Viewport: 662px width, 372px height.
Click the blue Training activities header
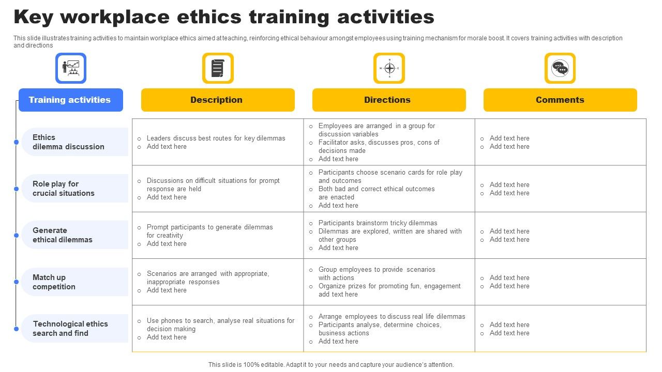pos(71,100)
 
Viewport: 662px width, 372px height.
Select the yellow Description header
pos(218,100)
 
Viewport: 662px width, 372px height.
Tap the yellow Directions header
pos(389,100)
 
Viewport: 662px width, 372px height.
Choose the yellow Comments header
pos(560,100)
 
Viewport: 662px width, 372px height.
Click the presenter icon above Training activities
pos(71,68)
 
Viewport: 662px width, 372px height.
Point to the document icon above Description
pos(218,68)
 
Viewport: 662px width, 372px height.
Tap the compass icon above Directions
pos(389,68)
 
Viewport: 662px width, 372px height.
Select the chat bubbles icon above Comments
pos(560,68)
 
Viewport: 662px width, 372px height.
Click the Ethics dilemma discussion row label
pos(68,142)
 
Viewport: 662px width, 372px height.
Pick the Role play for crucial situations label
pos(64,189)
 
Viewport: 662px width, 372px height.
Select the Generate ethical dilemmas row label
pos(63,235)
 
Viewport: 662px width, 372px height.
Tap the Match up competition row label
pos(54,282)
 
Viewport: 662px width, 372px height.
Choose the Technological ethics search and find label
pos(70,328)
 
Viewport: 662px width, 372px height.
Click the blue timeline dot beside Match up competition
pos(16,282)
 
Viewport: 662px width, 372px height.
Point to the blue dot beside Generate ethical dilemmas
pos(16,235)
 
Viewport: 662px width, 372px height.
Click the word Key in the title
pos(34,17)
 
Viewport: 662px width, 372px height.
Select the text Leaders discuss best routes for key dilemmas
pos(216,138)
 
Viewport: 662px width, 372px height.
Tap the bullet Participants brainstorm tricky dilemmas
pos(378,223)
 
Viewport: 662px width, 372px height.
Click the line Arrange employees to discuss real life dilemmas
pos(392,317)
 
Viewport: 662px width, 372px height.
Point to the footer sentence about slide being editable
pos(331,365)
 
